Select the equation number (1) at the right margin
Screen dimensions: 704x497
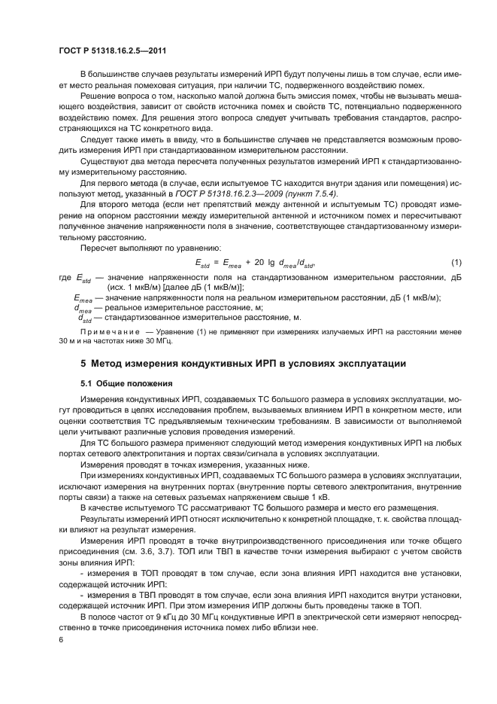[455, 262]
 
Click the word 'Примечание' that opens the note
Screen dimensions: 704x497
[108, 331]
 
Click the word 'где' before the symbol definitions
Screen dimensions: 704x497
[65, 278]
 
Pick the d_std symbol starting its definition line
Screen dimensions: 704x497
[85, 317]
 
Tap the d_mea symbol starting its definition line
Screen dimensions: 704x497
[83, 308]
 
